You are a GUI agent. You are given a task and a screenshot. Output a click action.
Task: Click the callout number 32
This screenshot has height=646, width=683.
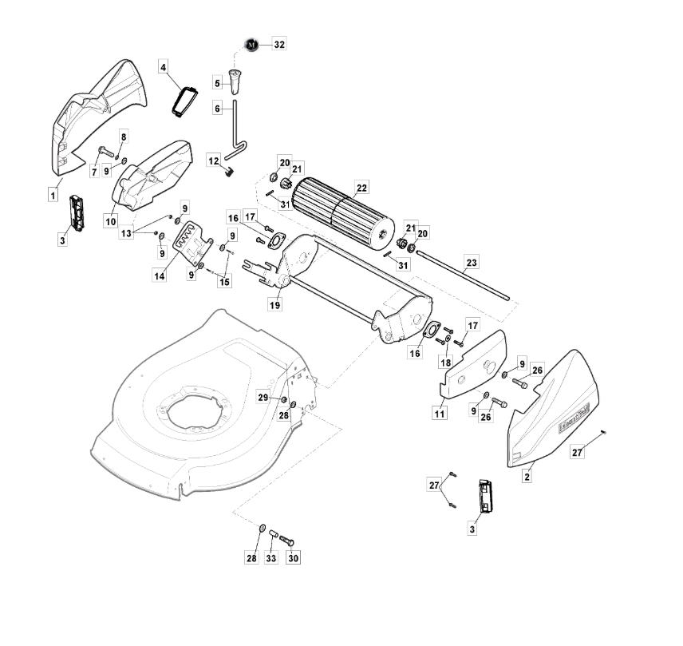point(279,45)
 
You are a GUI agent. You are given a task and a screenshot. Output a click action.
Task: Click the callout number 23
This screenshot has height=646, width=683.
point(472,263)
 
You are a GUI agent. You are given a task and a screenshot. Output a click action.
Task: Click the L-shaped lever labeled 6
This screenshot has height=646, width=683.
point(235,131)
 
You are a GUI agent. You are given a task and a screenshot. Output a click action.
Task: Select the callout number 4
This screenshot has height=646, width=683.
point(163,68)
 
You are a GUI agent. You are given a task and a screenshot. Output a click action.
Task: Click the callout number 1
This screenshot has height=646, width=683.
point(53,195)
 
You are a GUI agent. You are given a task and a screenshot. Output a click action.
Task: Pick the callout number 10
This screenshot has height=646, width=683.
point(111,221)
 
